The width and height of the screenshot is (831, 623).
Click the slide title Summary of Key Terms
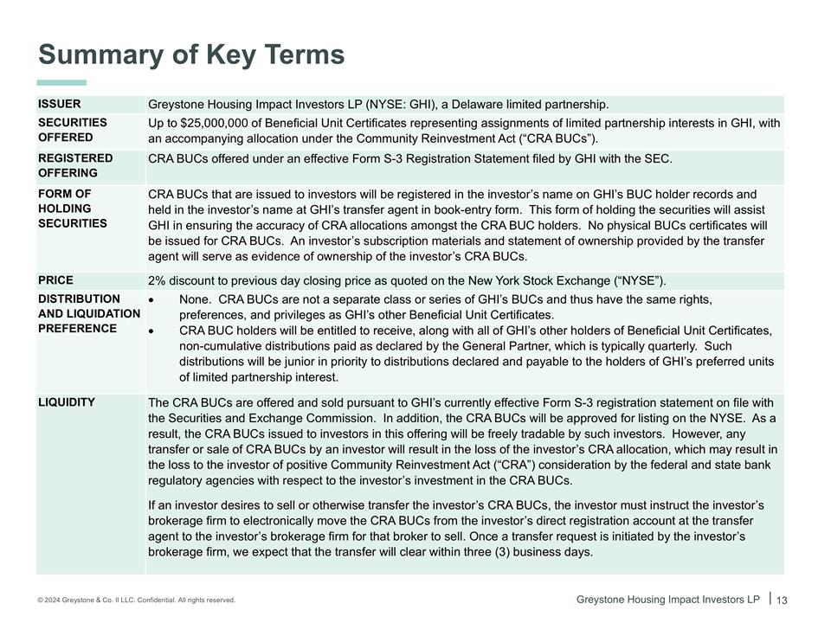tap(191, 55)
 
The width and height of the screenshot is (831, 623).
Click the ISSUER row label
tap(60, 104)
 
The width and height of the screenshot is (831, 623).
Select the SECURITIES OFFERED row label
tap(73, 130)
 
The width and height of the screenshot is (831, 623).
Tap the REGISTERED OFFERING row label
tap(75, 165)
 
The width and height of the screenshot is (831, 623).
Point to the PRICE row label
tap(56, 280)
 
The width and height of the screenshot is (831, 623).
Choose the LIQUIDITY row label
tap(67, 402)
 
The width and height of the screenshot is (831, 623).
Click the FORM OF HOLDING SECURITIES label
tap(73, 209)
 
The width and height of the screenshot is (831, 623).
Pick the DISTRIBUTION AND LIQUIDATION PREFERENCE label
tap(88, 313)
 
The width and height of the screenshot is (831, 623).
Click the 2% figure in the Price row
tap(157, 280)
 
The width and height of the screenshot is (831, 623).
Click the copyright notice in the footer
tap(137, 600)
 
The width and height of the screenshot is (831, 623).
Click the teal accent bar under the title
tap(61, 82)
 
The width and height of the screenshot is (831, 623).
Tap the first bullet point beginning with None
tap(152, 299)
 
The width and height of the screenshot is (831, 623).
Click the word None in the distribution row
tap(194, 299)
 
